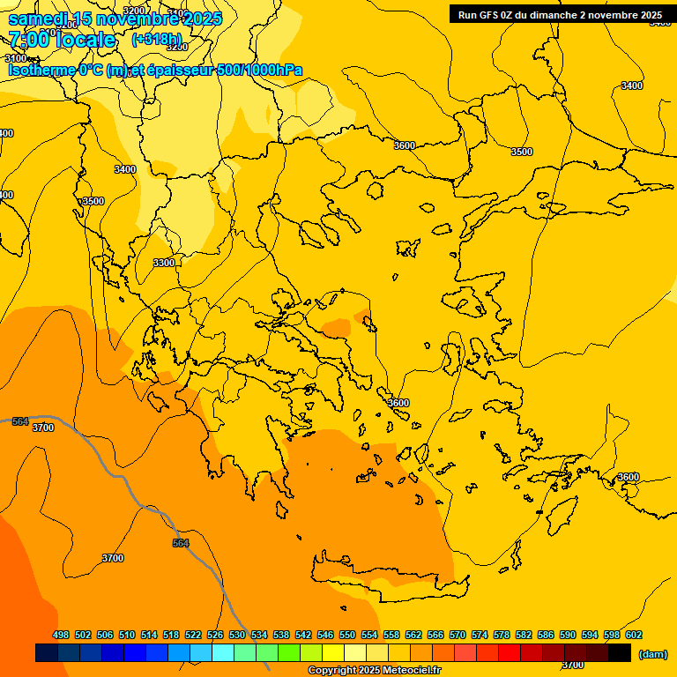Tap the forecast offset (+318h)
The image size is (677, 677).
pyautogui.click(x=156, y=39)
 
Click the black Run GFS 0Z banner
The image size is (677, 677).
pyautogui.click(x=560, y=15)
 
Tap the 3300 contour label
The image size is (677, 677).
pyautogui.click(x=164, y=263)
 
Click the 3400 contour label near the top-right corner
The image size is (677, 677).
pyautogui.click(x=631, y=86)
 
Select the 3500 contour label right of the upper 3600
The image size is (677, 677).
pyautogui.click(x=522, y=152)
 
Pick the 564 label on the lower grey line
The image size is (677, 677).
pyautogui.click(x=181, y=543)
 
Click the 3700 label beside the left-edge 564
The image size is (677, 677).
pyautogui.click(x=42, y=428)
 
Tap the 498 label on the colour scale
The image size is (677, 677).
pyautogui.click(x=61, y=635)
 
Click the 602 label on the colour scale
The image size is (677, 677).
pyautogui.click(x=634, y=635)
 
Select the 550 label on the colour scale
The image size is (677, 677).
pyautogui.click(x=347, y=635)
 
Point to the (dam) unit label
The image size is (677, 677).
pyautogui.click(x=652, y=653)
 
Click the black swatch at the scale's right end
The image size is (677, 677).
pyautogui.click(x=620, y=653)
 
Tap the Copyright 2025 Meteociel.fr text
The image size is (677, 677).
pyautogui.click(x=374, y=670)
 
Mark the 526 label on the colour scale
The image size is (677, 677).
pyautogui.click(x=215, y=635)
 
